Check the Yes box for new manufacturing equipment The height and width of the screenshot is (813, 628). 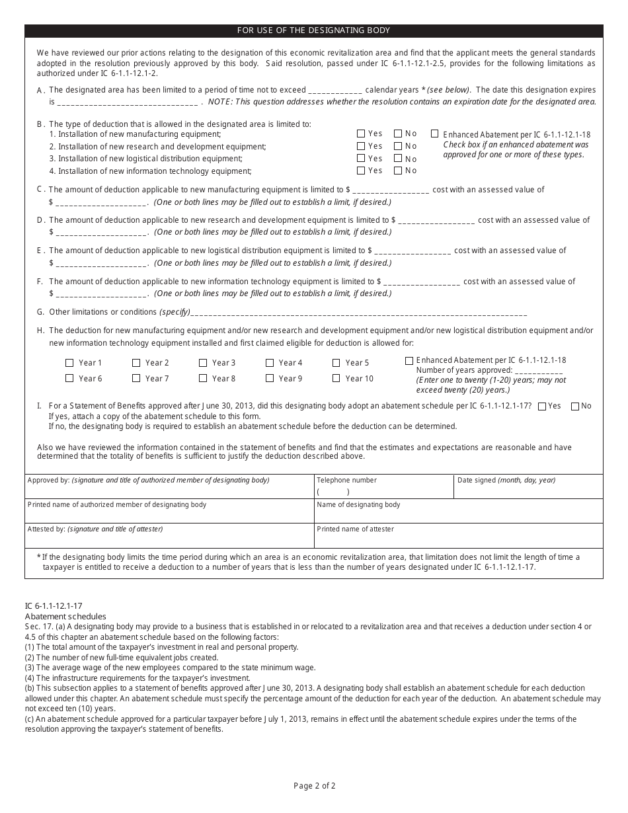click(361, 134)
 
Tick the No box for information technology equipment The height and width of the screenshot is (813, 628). click(398, 171)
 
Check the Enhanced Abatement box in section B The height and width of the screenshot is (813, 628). click(435, 134)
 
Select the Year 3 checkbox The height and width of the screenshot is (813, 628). click(203, 363)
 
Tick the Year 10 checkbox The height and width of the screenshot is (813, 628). click(336, 379)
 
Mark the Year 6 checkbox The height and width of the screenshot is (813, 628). click(69, 379)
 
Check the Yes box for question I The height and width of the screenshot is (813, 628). click(542, 406)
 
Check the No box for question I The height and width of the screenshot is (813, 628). click(575, 406)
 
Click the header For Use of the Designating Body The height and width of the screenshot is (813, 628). click(314, 30)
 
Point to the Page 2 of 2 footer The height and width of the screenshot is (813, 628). click(315, 786)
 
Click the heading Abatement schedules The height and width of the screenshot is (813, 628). click(65, 616)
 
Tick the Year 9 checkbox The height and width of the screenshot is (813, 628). click(270, 379)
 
